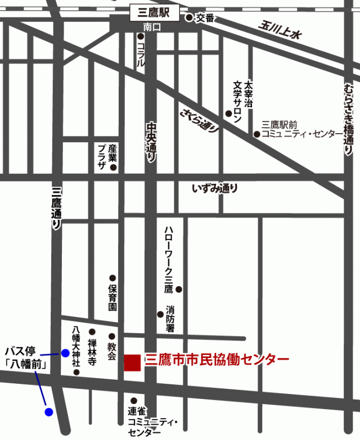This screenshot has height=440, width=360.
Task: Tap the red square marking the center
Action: [132, 362]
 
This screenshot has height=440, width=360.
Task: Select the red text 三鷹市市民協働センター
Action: [217, 359]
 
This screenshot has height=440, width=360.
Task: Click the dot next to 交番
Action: [189, 17]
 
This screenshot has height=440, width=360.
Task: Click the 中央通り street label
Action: [151, 143]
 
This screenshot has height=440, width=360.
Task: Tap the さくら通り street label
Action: [200, 119]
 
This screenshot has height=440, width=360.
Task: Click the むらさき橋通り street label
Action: [347, 118]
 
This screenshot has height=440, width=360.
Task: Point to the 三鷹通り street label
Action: [56, 208]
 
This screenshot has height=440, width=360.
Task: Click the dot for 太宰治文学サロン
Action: [228, 113]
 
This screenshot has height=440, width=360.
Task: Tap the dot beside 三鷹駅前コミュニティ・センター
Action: [256, 134]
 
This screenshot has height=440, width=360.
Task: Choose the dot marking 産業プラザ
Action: [114, 167]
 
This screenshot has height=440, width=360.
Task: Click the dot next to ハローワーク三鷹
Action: [179, 289]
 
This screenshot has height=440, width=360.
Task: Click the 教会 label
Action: [111, 352]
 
